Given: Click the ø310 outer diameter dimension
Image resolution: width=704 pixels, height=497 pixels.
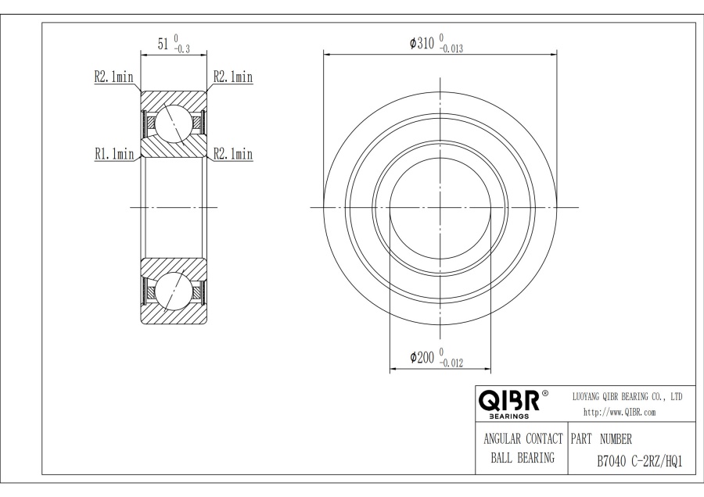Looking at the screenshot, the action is (436, 44).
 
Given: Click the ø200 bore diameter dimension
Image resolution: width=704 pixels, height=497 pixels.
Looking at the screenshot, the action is (436, 358).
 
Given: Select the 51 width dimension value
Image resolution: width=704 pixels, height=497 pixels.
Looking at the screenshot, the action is (163, 44).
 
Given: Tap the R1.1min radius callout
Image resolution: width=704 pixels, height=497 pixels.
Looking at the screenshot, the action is (114, 154).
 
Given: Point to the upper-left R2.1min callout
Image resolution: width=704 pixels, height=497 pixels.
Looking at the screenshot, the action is (113, 77).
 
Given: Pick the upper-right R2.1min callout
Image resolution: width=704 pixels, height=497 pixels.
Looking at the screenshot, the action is (233, 77).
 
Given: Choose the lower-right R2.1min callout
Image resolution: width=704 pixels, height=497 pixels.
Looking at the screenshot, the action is (233, 154).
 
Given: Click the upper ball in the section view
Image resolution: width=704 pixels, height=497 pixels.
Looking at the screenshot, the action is (174, 123).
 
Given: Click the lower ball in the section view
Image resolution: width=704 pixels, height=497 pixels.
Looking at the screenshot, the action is (174, 290).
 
